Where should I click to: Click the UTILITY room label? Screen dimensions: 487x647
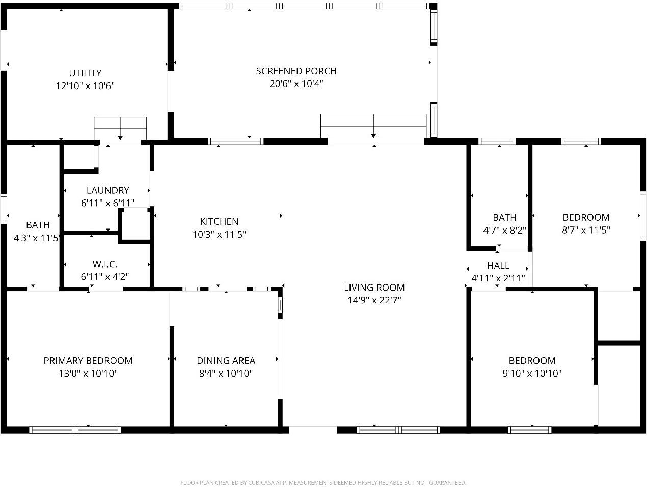(x=85, y=73)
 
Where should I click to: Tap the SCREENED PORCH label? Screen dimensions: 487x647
(x=296, y=71)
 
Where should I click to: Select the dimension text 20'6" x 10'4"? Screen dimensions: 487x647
(x=296, y=84)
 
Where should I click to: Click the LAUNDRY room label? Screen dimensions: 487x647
(x=107, y=190)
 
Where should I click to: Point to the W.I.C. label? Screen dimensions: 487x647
(x=105, y=264)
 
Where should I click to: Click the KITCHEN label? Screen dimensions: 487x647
(x=219, y=221)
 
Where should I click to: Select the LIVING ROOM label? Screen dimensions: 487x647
(x=374, y=287)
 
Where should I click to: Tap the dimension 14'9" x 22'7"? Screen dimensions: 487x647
(x=374, y=300)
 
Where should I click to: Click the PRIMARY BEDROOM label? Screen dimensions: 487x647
(x=88, y=360)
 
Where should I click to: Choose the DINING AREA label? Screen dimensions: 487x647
(x=226, y=360)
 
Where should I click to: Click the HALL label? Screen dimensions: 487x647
(x=498, y=265)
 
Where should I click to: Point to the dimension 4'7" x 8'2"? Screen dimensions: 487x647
(x=504, y=230)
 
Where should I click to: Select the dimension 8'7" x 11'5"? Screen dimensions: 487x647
(x=586, y=230)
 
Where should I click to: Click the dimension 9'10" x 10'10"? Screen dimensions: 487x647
(x=532, y=374)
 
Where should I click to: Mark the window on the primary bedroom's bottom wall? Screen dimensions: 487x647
(x=75, y=430)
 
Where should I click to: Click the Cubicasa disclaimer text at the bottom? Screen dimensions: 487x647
(x=323, y=482)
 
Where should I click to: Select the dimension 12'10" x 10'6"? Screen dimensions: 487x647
(x=85, y=86)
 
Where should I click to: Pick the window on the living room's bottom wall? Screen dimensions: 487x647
(x=398, y=430)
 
